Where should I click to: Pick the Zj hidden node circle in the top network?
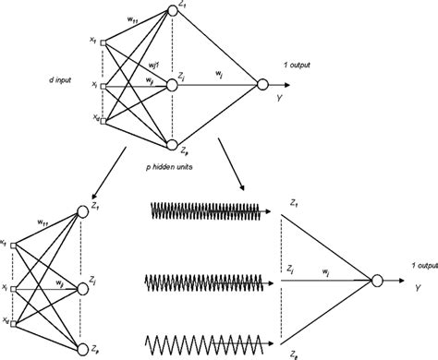click(172, 85)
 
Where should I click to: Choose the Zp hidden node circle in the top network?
click(172, 143)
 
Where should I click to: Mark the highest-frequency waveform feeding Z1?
click(203, 211)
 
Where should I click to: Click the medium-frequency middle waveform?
click(203, 280)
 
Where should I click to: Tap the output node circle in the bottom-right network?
click(380, 281)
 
